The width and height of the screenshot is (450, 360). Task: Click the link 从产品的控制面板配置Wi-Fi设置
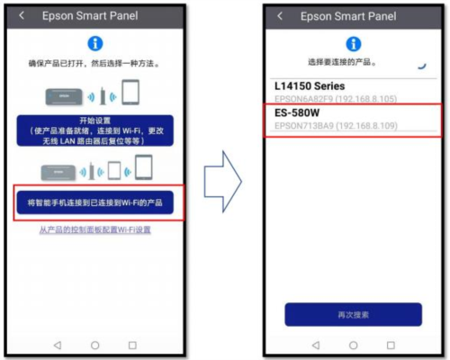pyautogui.click(x=95, y=231)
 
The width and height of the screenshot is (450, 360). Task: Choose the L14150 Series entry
pyautogui.click(x=310, y=86)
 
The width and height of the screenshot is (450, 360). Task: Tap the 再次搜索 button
pyautogui.click(x=353, y=314)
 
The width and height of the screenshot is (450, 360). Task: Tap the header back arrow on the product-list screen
pyautogui.click(x=281, y=16)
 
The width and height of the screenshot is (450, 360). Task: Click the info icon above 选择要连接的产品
pyautogui.click(x=354, y=43)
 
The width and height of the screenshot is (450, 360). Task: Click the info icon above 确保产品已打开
pyautogui.click(x=95, y=43)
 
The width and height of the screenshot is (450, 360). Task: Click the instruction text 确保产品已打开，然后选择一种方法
pyautogui.click(x=95, y=65)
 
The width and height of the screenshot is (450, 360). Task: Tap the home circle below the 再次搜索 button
pyautogui.click(x=354, y=345)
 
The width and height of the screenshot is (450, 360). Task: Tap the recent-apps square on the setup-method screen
pyautogui.click(x=132, y=345)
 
